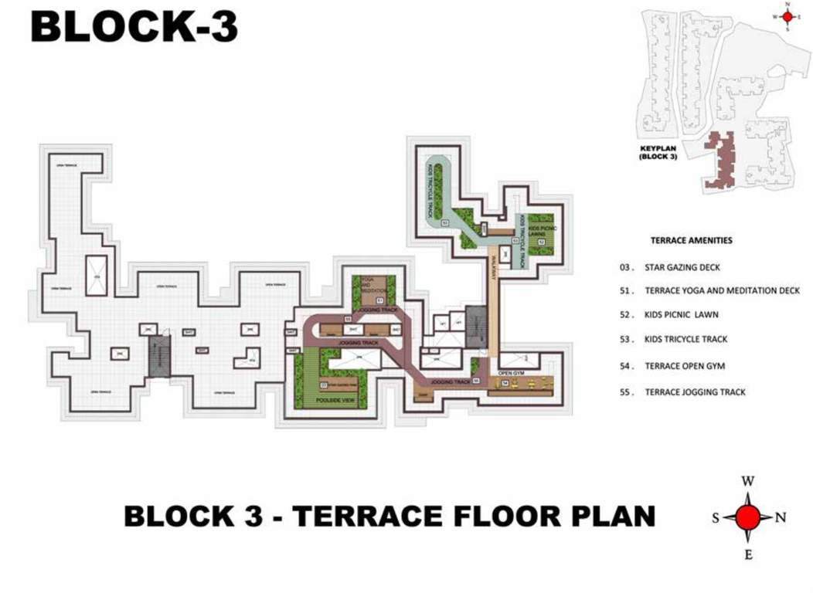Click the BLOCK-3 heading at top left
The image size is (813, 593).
(134, 27)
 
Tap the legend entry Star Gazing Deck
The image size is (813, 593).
(682, 267)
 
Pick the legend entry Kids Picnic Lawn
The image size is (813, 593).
(681, 315)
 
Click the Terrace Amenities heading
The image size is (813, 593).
(691, 240)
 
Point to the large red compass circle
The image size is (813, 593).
(747, 517)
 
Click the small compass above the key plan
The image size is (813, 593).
(787, 16)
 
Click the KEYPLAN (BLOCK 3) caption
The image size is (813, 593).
(658, 152)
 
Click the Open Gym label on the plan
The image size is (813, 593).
(511, 372)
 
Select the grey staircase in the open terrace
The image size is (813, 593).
(159, 356)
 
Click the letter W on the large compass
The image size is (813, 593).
(747, 481)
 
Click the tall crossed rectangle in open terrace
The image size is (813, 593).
(97, 275)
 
